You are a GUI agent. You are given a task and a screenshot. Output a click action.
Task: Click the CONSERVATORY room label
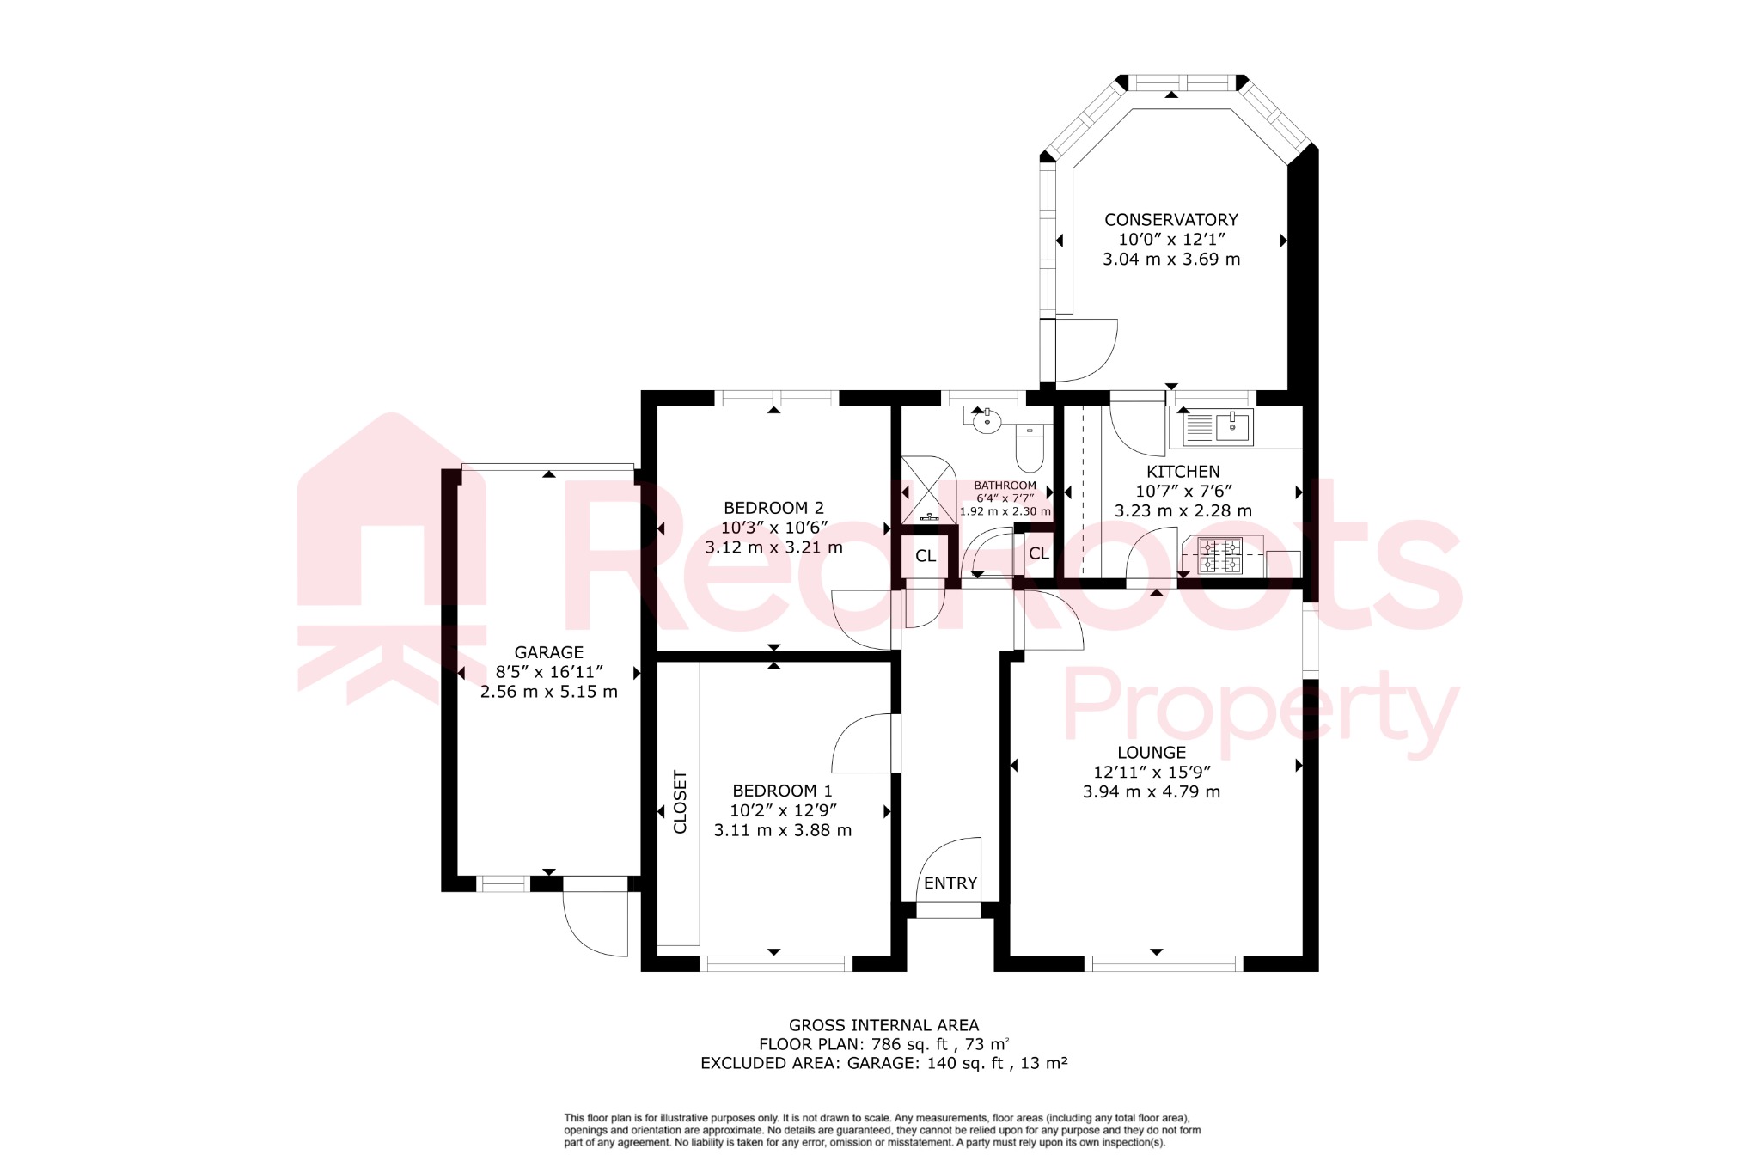click(x=1170, y=220)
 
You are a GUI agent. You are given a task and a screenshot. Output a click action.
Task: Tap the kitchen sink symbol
click(x=1218, y=427)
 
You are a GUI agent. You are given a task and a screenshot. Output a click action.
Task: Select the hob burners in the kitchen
click(x=1220, y=555)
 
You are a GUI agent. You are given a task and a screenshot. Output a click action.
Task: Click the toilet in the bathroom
click(x=1030, y=448)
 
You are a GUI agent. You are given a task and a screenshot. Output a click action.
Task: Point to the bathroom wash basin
click(x=987, y=421)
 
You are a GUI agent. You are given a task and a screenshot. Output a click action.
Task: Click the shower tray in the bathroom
click(x=928, y=490)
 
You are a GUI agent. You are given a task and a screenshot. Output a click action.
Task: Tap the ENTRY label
click(x=950, y=883)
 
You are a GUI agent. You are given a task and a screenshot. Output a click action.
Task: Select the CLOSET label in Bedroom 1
click(x=680, y=802)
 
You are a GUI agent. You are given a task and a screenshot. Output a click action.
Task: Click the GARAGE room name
click(x=548, y=652)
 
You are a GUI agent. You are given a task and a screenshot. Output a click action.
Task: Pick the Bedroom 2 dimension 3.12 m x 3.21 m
click(x=773, y=547)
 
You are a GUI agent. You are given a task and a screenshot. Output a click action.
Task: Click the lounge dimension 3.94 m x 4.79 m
click(x=1151, y=792)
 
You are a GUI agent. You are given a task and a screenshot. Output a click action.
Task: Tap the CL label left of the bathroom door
click(x=926, y=556)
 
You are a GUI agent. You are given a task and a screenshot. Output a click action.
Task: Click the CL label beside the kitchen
click(x=1039, y=553)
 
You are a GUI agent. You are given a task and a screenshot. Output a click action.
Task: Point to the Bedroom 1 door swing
click(x=861, y=743)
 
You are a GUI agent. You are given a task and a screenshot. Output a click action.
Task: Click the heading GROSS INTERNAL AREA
click(x=883, y=1025)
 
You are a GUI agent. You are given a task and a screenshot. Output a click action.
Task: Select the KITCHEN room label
click(x=1182, y=472)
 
